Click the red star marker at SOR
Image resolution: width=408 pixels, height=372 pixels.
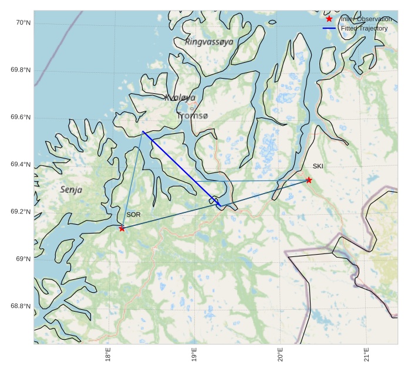coord(122,228)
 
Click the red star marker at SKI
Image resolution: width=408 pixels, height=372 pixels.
coord(309,180)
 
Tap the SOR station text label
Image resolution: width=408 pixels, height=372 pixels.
coord(133,215)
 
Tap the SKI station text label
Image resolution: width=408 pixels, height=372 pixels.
coord(318,166)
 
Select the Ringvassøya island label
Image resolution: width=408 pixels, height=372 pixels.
coord(209,42)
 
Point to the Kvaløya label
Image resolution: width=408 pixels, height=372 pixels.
coord(180,98)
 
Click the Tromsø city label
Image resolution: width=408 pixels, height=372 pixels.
coord(193,116)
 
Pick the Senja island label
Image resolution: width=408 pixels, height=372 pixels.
coord(71,190)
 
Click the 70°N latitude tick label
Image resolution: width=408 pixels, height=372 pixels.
coord(23,23)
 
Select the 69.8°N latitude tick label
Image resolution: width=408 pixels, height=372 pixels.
coord(21,70)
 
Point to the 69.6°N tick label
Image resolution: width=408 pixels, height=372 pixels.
coord(21,117)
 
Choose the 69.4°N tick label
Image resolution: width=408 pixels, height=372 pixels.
coord(21,165)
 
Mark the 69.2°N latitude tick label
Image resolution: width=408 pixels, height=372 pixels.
coord(21,212)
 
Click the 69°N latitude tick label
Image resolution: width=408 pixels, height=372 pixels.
coord(23,259)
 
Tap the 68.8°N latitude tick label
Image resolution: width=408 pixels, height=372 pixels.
coord(21,306)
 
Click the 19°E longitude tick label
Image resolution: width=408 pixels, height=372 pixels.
coord(194,355)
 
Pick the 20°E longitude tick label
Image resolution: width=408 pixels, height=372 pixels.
coord(281,355)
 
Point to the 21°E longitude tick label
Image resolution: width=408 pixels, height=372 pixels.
coord(366,355)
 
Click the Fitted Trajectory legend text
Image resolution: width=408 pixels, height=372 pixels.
coord(364,28)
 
